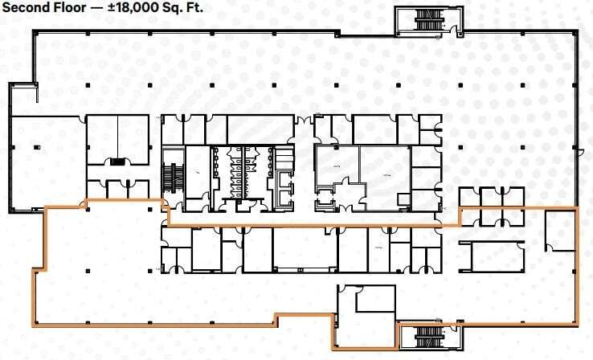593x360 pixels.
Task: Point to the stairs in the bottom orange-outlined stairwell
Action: pos(427,334)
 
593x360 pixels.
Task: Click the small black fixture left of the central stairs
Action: pos(117,162)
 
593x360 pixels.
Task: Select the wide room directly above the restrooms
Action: pos(259,129)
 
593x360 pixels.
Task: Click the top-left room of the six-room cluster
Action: pos(469,197)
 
